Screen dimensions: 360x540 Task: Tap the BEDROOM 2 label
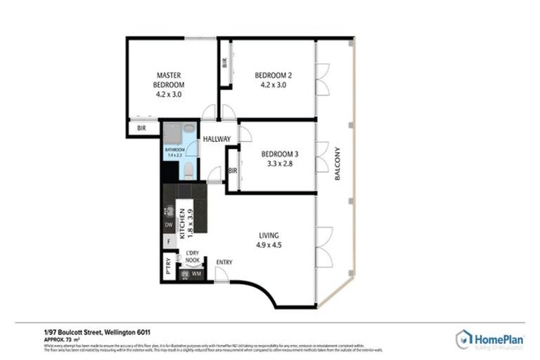273,75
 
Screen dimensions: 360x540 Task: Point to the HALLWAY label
217,139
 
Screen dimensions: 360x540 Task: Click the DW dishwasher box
169,225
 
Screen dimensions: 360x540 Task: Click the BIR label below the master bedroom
141,129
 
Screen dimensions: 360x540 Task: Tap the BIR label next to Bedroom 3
233,171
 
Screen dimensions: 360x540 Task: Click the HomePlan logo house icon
463,338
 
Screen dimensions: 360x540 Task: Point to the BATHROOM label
174,150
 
